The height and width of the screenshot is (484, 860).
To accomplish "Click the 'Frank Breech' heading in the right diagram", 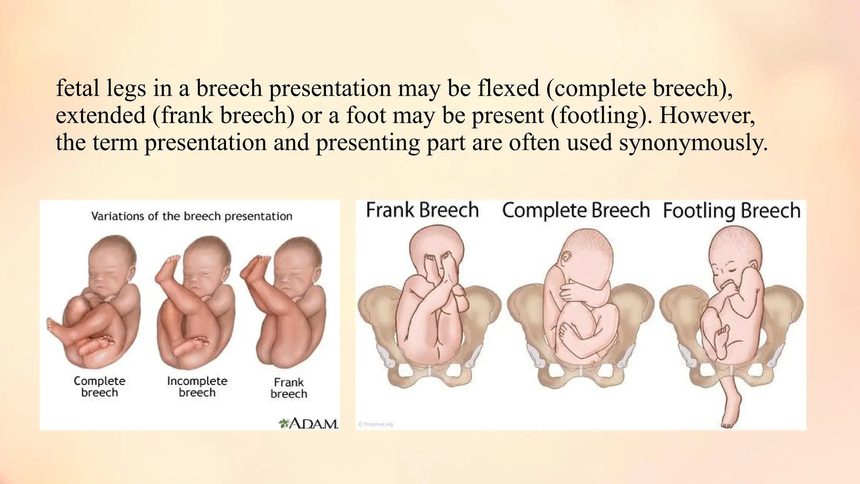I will pos(422,210).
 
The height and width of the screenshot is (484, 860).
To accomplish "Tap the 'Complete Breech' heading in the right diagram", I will pos(576,210).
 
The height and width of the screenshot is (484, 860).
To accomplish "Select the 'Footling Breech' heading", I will pos(732,210).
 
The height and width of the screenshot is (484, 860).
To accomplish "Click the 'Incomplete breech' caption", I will pos(197,387).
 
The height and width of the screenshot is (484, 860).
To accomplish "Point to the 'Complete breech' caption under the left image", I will pos(100,387).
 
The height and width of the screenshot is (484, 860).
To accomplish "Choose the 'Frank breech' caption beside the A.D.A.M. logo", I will pos(289,388).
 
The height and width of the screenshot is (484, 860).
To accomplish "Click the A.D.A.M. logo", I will pos(309,423).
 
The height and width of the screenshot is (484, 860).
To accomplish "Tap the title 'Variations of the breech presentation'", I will pos(191,216).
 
